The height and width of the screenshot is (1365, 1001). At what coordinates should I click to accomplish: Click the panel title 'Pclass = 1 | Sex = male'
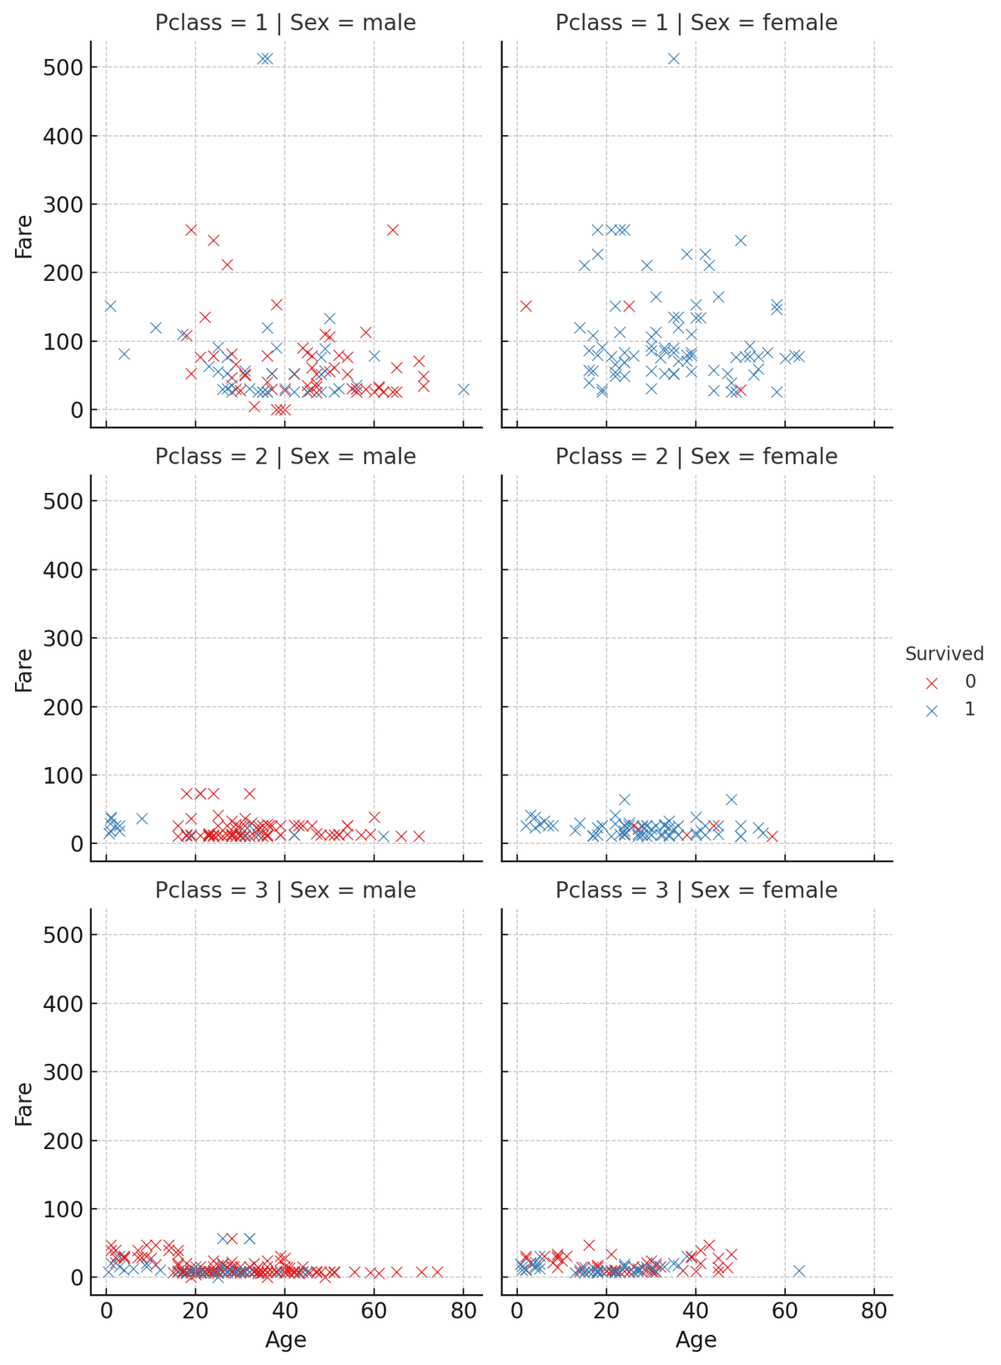[x=285, y=23]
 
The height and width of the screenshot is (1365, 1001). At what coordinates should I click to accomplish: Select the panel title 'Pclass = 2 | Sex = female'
[x=697, y=457]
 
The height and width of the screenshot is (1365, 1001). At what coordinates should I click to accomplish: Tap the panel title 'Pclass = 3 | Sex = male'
[x=285, y=891]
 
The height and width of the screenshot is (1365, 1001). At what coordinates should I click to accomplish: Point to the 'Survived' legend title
[x=944, y=655]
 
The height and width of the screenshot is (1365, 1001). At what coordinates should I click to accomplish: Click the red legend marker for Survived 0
[x=933, y=683]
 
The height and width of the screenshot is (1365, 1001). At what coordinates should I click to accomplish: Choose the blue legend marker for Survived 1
[x=933, y=710]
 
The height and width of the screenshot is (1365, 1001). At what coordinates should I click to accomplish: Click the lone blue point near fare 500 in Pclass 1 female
[x=673, y=58]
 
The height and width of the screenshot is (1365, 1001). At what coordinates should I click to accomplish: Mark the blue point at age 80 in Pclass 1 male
[x=464, y=389]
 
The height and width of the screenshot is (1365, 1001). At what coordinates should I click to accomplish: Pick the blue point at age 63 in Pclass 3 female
[x=798, y=1271]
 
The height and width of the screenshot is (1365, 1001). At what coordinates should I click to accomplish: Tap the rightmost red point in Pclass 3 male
[x=437, y=1272]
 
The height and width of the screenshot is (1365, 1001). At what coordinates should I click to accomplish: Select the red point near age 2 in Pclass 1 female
[x=526, y=306]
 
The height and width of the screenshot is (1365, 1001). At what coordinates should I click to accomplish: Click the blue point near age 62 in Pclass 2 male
[x=383, y=836]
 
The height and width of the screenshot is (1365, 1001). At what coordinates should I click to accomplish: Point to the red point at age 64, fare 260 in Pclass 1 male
[x=392, y=230]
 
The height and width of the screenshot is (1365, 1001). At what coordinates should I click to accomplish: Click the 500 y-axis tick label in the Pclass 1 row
[x=63, y=68]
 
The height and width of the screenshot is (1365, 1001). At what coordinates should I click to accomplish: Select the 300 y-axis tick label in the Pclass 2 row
[x=63, y=639]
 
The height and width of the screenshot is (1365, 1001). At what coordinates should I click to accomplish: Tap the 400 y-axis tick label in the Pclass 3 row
[x=63, y=1004]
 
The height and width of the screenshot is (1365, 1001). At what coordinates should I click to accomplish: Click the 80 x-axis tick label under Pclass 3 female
[x=873, y=1308]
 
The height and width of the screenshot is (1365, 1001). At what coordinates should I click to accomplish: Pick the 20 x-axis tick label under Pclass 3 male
[x=195, y=1308]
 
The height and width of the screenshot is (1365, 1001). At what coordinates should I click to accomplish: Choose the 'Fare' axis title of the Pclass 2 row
[x=24, y=670]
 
